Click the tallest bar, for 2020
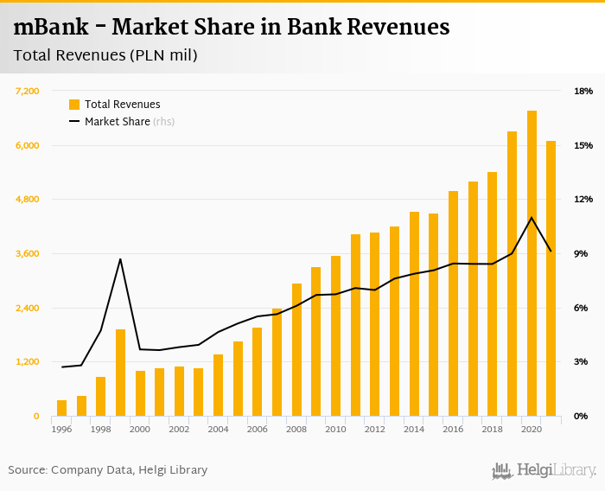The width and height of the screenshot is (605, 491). (532, 264)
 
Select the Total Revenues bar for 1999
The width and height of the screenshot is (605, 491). (120, 373)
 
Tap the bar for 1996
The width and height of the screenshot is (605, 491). (61, 408)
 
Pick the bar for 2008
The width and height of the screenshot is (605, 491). (296, 349)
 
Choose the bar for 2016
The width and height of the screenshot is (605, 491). (453, 303)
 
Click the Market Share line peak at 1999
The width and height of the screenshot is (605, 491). (120, 259)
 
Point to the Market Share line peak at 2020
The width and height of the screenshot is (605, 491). (532, 217)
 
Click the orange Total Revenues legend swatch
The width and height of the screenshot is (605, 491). (74, 105)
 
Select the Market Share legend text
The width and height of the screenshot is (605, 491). (118, 122)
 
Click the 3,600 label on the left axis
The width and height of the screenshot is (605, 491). (29, 253)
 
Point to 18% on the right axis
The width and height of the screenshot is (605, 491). (583, 91)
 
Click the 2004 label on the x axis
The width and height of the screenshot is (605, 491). (218, 430)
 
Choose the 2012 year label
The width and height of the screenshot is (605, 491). (374, 430)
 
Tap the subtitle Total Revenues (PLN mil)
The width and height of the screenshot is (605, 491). (105, 57)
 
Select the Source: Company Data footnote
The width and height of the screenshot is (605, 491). (108, 470)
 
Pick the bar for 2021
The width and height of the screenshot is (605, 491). (551, 278)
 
